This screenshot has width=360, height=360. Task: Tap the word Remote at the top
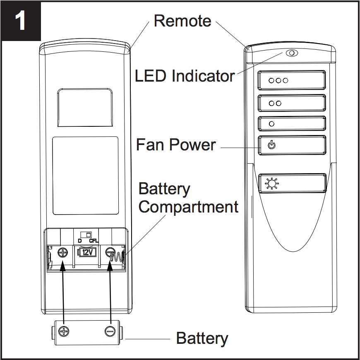point(182,21)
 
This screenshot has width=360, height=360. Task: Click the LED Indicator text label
point(185,76)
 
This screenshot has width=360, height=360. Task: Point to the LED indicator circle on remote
point(291,53)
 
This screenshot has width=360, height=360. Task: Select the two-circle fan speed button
point(292,103)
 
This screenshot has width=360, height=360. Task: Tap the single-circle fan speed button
point(292,123)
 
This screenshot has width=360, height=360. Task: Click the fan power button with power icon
point(292,145)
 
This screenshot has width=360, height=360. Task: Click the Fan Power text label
point(176,145)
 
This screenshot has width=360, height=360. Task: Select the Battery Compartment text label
point(188,198)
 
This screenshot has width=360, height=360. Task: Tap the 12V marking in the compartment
point(86,252)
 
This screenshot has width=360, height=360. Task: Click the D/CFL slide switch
point(86,234)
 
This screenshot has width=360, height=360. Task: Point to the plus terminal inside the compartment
point(63,252)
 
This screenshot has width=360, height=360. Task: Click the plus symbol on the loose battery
point(64,331)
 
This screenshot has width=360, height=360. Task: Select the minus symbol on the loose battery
point(110,331)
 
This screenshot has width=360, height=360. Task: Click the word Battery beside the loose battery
point(202,338)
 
